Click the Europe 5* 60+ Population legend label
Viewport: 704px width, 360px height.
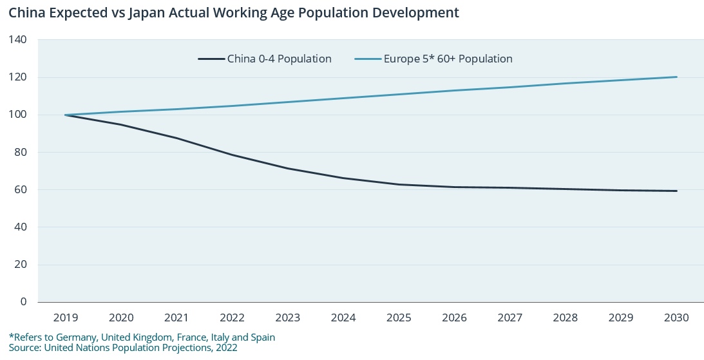pyautogui.click(x=448, y=59)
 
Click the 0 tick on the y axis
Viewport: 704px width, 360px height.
pyautogui.click(x=23, y=301)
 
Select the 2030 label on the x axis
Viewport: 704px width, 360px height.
pyautogui.click(x=676, y=318)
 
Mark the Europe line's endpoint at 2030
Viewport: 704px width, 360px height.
pyautogui.click(x=676, y=77)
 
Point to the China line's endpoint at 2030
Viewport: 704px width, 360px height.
pyautogui.click(x=676, y=191)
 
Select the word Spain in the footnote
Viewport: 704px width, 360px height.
pyautogui.click(x=262, y=337)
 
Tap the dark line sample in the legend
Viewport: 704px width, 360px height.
pyautogui.click(x=210, y=59)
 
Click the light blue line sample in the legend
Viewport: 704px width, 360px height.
pyautogui.click(x=367, y=59)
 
